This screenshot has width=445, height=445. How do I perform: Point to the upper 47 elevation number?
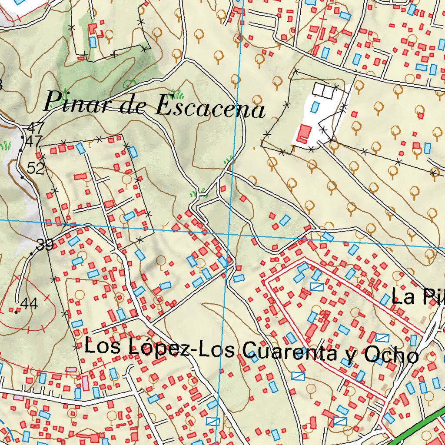coord(35,128)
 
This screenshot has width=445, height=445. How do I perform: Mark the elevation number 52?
coord(36,168)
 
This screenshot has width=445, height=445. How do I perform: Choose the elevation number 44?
coord(29,304)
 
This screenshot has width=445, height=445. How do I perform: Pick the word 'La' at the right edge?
coord(402,297)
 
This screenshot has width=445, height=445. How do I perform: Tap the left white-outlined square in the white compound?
coord(319,90)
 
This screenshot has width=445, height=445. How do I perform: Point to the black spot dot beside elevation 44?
coord(16,312)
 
